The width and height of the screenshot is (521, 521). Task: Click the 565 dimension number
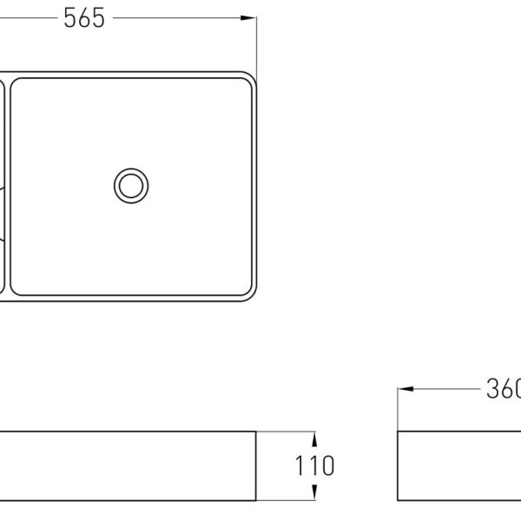[x=84, y=18]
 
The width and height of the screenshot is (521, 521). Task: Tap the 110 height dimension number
[x=314, y=465]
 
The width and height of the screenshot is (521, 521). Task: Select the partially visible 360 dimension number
[x=504, y=389]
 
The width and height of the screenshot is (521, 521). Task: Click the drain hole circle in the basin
[x=131, y=186]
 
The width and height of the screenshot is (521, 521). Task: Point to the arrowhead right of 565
[x=247, y=18]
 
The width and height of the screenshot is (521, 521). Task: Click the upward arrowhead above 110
[x=314, y=439]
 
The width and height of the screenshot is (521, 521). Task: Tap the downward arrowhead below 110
[x=314, y=492]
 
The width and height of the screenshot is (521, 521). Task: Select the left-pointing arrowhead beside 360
[x=406, y=389]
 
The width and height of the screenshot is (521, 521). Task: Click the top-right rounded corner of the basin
[x=253, y=76]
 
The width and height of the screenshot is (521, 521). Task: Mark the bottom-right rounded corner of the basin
[x=253, y=298]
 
